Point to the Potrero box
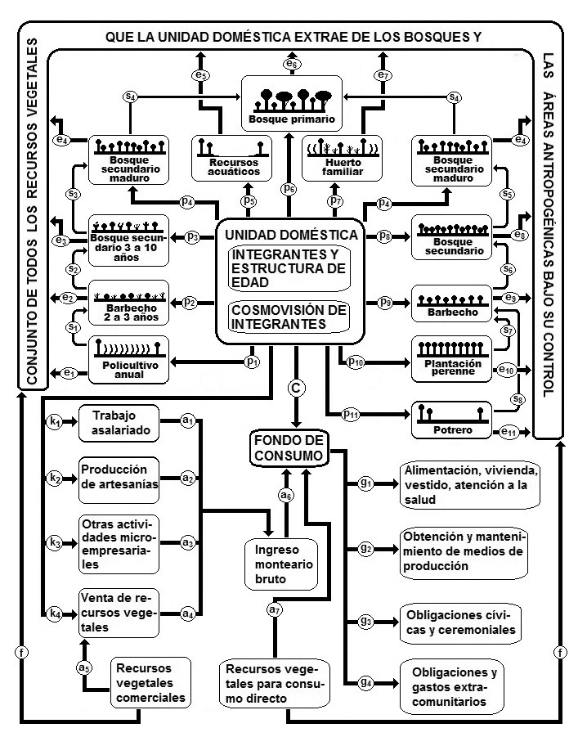point(451,420)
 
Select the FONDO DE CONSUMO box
point(289,447)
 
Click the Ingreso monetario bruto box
point(276,563)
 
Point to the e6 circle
point(292,64)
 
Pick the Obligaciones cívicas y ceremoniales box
point(459,622)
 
